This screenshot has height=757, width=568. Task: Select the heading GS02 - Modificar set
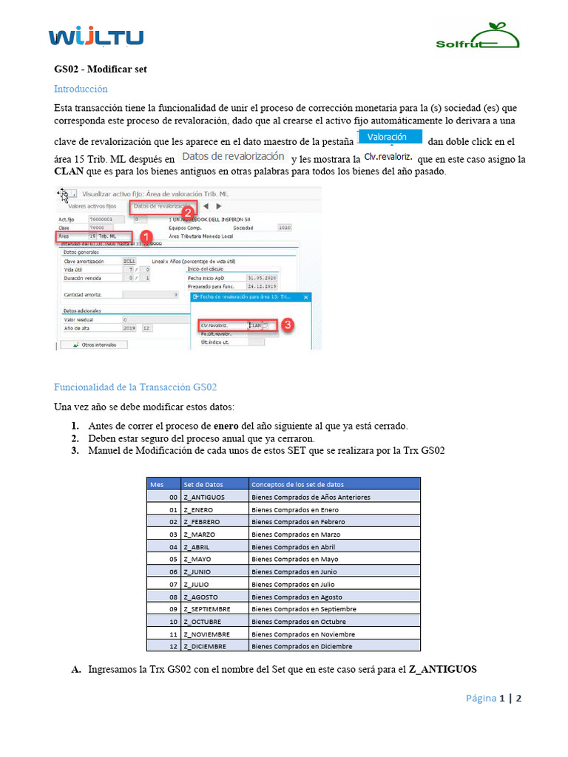(101, 69)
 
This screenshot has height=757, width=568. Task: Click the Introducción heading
(81, 89)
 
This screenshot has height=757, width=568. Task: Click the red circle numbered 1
(146, 236)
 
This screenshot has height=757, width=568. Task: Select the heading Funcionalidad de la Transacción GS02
(135, 387)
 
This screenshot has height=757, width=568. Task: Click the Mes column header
(157, 484)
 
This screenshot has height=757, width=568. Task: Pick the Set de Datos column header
(203, 484)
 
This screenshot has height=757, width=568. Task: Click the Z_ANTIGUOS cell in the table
(203, 497)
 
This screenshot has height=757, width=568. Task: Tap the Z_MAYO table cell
(197, 559)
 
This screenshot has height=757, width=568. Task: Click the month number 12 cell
(173, 646)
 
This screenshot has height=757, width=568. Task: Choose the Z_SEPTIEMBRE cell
(207, 609)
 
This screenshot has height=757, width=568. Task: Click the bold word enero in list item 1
(226, 427)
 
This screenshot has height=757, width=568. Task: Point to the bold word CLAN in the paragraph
(70, 172)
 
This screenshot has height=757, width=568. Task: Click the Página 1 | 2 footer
(494, 699)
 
